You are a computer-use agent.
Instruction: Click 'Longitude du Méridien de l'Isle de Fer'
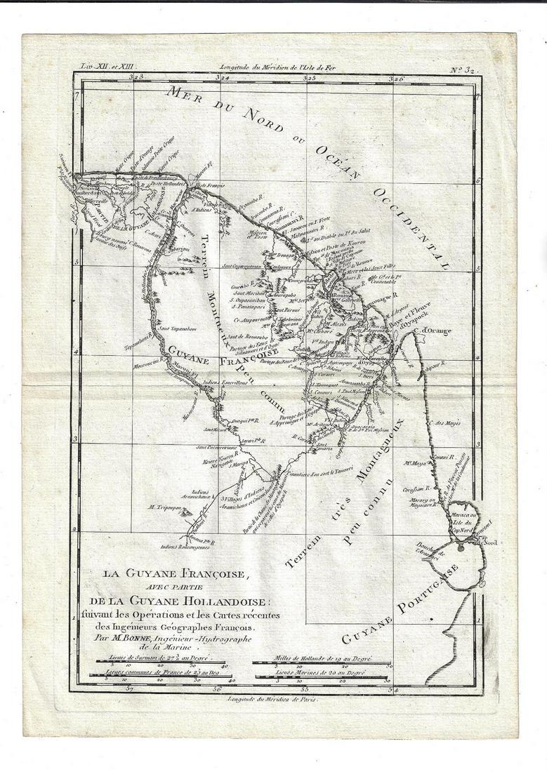[273, 67]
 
